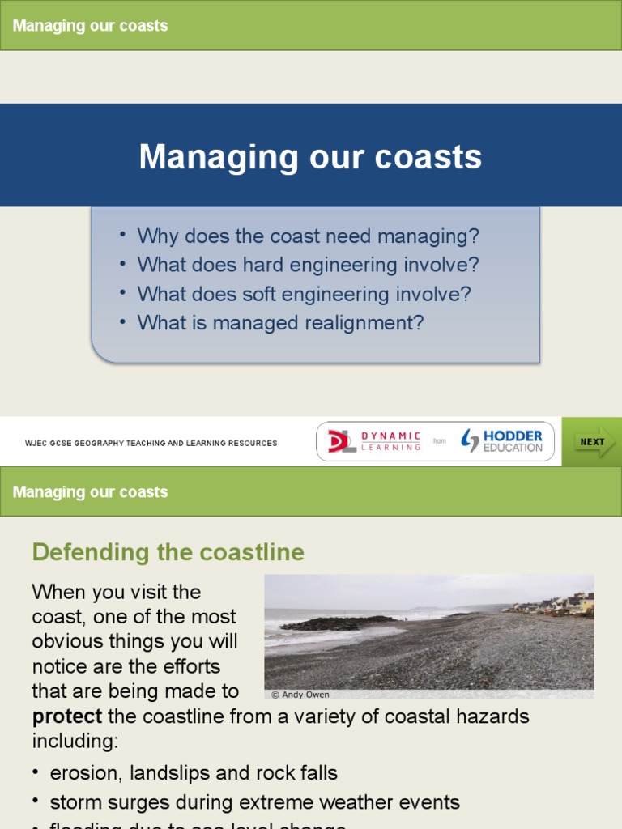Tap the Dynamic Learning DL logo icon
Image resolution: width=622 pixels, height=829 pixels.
coord(341,441)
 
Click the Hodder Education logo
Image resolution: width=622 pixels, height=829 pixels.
coord(502,441)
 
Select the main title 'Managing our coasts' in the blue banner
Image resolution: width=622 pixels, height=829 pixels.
coord(310,156)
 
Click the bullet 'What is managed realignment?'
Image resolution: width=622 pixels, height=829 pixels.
coord(280,322)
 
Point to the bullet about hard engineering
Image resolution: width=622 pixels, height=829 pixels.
coord(308,265)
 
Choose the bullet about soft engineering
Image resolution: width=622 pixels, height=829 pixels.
coord(304,294)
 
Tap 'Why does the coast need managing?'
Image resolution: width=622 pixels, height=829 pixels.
coord(308,236)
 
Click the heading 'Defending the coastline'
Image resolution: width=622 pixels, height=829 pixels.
coord(168,553)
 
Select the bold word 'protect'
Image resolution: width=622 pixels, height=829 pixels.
coord(67,716)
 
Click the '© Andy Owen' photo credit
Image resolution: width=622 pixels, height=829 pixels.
coord(300,694)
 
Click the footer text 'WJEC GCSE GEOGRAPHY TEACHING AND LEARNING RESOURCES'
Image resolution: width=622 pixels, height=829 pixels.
coord(151,443)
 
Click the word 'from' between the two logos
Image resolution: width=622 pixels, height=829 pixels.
coord(440,441)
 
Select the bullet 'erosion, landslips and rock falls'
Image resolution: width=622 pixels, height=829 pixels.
coord(194,772)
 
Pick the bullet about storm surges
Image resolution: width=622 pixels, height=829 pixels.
coord(254,802)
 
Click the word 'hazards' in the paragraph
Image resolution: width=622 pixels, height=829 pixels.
coord(492,716)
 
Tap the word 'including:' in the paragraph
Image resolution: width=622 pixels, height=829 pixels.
coord(73,741)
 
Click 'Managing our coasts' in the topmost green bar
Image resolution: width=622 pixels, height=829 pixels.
coord(91,26)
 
